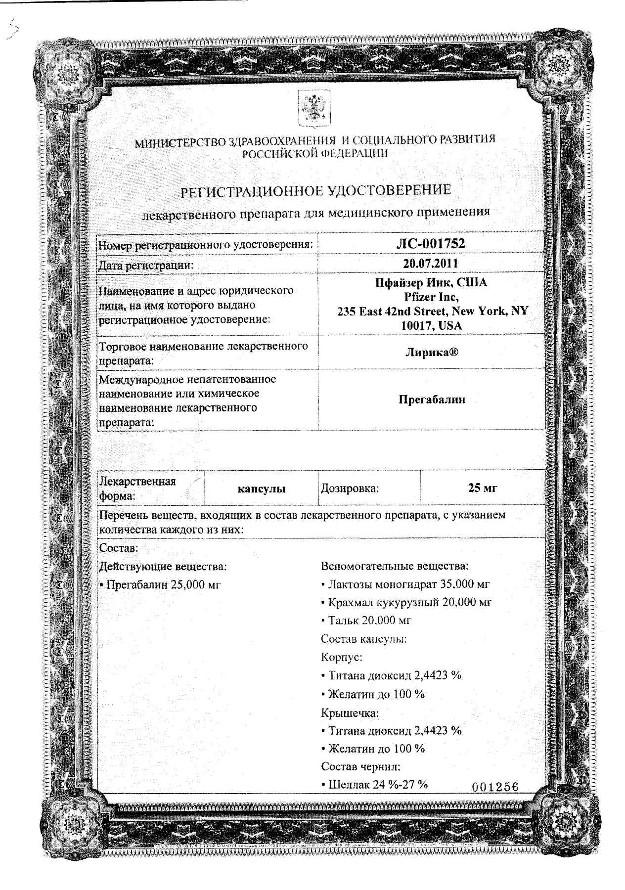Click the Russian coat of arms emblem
(x=312, y=107)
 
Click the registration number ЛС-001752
(x=431, y=243)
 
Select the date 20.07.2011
(x=431, y=264)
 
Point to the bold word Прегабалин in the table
(x=432, y=400)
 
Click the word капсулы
(x=261, y=489)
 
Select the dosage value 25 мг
(x=482, y=488)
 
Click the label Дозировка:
(x=350, y=489)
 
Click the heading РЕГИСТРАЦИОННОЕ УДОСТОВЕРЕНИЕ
(x=315, y=190)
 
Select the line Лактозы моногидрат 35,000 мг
(x=405, y=584)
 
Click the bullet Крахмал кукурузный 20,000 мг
(x=406, y=602)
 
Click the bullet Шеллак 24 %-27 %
(x=374, y=784)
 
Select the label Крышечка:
(x=350, y=713)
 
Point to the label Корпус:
(x=341, y=658)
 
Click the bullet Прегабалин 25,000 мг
(x=160, y=584)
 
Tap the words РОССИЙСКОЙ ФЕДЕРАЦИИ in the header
(x=315, y=153)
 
